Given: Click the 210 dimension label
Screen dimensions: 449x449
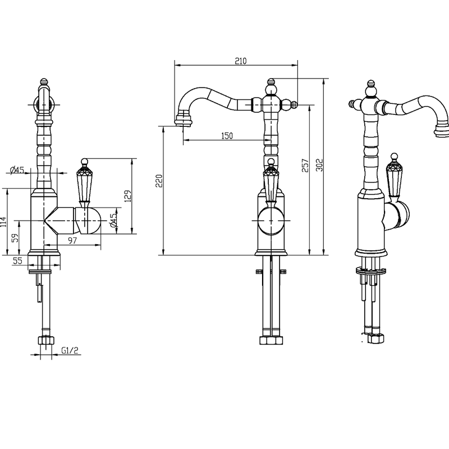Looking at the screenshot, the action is click(x=241, y=61).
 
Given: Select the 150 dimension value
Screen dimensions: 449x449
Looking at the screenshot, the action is click(x=227, y=135).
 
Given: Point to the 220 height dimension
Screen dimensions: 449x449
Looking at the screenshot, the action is click(x=159, y=181).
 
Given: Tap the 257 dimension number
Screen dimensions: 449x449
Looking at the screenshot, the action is click(x=305, y=166).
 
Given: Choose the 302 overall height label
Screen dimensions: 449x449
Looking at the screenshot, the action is click(x=319, y=165).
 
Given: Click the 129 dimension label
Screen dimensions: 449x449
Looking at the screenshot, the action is click(x=128, y=196).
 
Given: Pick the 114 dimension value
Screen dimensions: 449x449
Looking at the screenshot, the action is click(x=3, y=222).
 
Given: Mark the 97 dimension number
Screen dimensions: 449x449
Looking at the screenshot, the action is click(x=72, y=240).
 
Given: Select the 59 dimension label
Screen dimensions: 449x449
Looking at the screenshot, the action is click(x=15, y=237).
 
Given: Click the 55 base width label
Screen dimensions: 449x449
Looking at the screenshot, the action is click(x=17, y=260).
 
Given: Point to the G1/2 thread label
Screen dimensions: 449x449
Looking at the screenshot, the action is click(x=70, y=350).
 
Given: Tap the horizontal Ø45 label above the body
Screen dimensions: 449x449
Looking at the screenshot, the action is click(x=17, y=170).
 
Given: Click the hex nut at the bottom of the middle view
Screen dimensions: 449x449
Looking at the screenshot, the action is click(x=271, y=340).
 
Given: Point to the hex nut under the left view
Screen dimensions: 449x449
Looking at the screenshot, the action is click(x=46, y=340).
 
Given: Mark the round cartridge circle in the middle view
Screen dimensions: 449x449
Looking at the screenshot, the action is click(x=271, y=221).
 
